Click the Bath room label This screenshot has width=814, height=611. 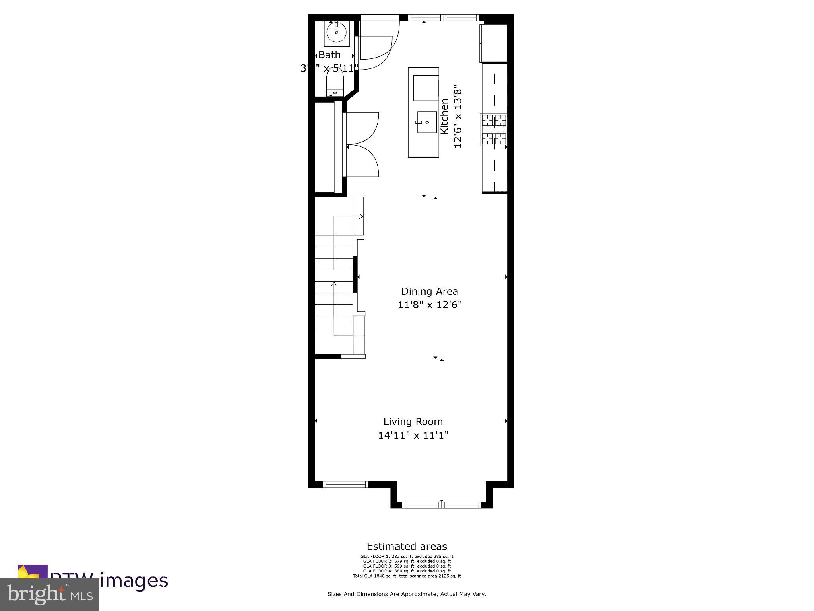(329, 55)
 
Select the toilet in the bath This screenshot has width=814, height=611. (335, 82)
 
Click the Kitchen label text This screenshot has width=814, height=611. (444, 116)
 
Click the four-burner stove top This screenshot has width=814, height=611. (494, 129)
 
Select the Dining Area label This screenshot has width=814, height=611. (429, 291)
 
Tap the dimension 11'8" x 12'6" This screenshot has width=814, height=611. (429, 305)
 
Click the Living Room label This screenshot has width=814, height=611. (413, 422)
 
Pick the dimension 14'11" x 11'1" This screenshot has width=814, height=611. (413, 435)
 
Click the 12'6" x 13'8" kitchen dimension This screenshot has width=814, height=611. (458, 116)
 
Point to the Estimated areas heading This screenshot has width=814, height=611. (407, 546)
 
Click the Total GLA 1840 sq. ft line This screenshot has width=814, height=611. (407, 576)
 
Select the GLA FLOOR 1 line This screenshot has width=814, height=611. (407, 557)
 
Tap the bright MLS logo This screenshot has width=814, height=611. (50, 595)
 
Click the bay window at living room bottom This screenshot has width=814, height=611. (442, 505)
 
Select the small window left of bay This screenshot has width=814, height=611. (345, 484)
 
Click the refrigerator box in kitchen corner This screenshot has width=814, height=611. (494, 43)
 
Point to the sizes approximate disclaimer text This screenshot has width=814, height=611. (407, 594)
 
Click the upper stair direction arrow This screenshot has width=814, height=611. (360, 216)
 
